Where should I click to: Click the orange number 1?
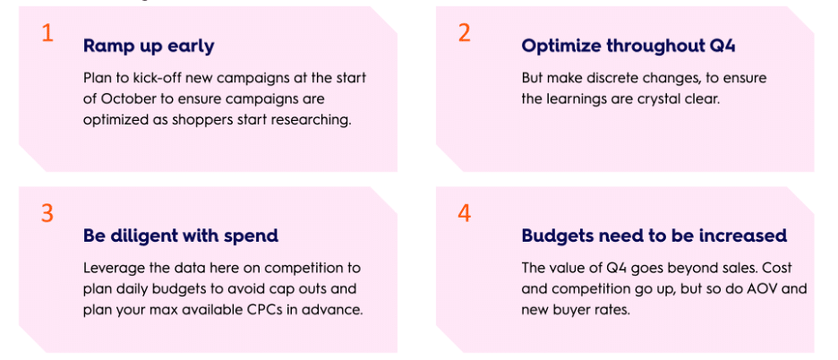click(x=47, y=33)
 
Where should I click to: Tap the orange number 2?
click(x=465, y=33)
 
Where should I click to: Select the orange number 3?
click(x=47, y=213)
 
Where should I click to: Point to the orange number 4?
click(x=465, y=213)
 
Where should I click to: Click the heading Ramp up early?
click(x=149, y=47)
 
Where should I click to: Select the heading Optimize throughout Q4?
click(x=628, y=46)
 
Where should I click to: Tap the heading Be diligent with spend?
click(x=181, y=236)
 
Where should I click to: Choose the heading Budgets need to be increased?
click(x=654, y=236)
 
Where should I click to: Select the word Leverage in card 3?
click(x=109, y=268)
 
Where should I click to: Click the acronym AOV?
click(x=770, y=289)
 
